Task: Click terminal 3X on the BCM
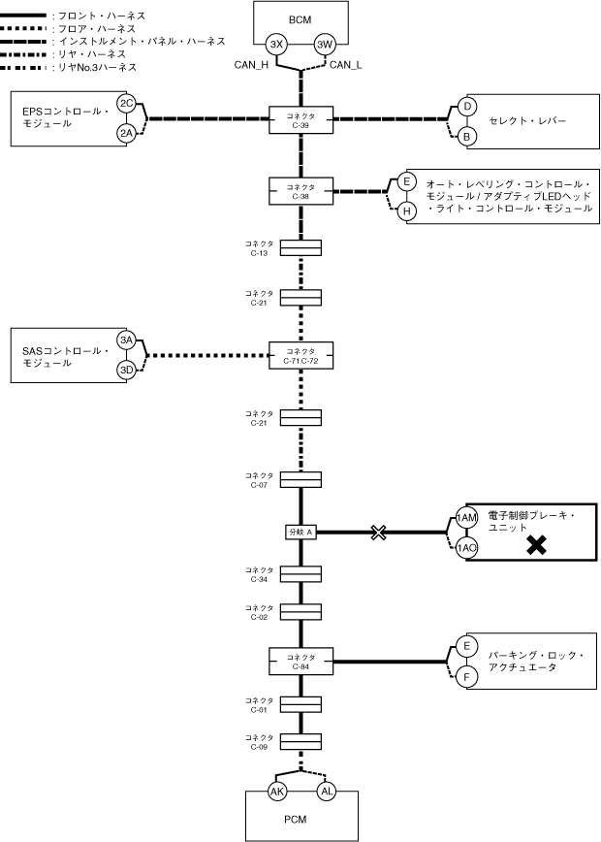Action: (277, 44)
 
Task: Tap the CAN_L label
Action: (346, 65)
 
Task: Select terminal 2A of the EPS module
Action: (126, 134)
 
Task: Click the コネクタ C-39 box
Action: (300, 119)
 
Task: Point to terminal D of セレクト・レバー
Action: (466, 106)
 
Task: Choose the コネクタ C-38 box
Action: (300, 189)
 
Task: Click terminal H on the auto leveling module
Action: (407, 210)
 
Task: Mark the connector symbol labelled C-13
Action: (300, 249)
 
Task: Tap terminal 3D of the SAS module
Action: (126, 370)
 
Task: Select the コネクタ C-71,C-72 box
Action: (300, 355)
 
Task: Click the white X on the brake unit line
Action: (379, 533)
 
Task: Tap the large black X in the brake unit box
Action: (534, 546)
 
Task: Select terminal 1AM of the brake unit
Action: (467, 519)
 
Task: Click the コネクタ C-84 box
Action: (300, 662)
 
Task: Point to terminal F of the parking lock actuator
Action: (466, 677)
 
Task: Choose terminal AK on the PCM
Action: (277, 792)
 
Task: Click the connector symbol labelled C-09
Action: (300, 742)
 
